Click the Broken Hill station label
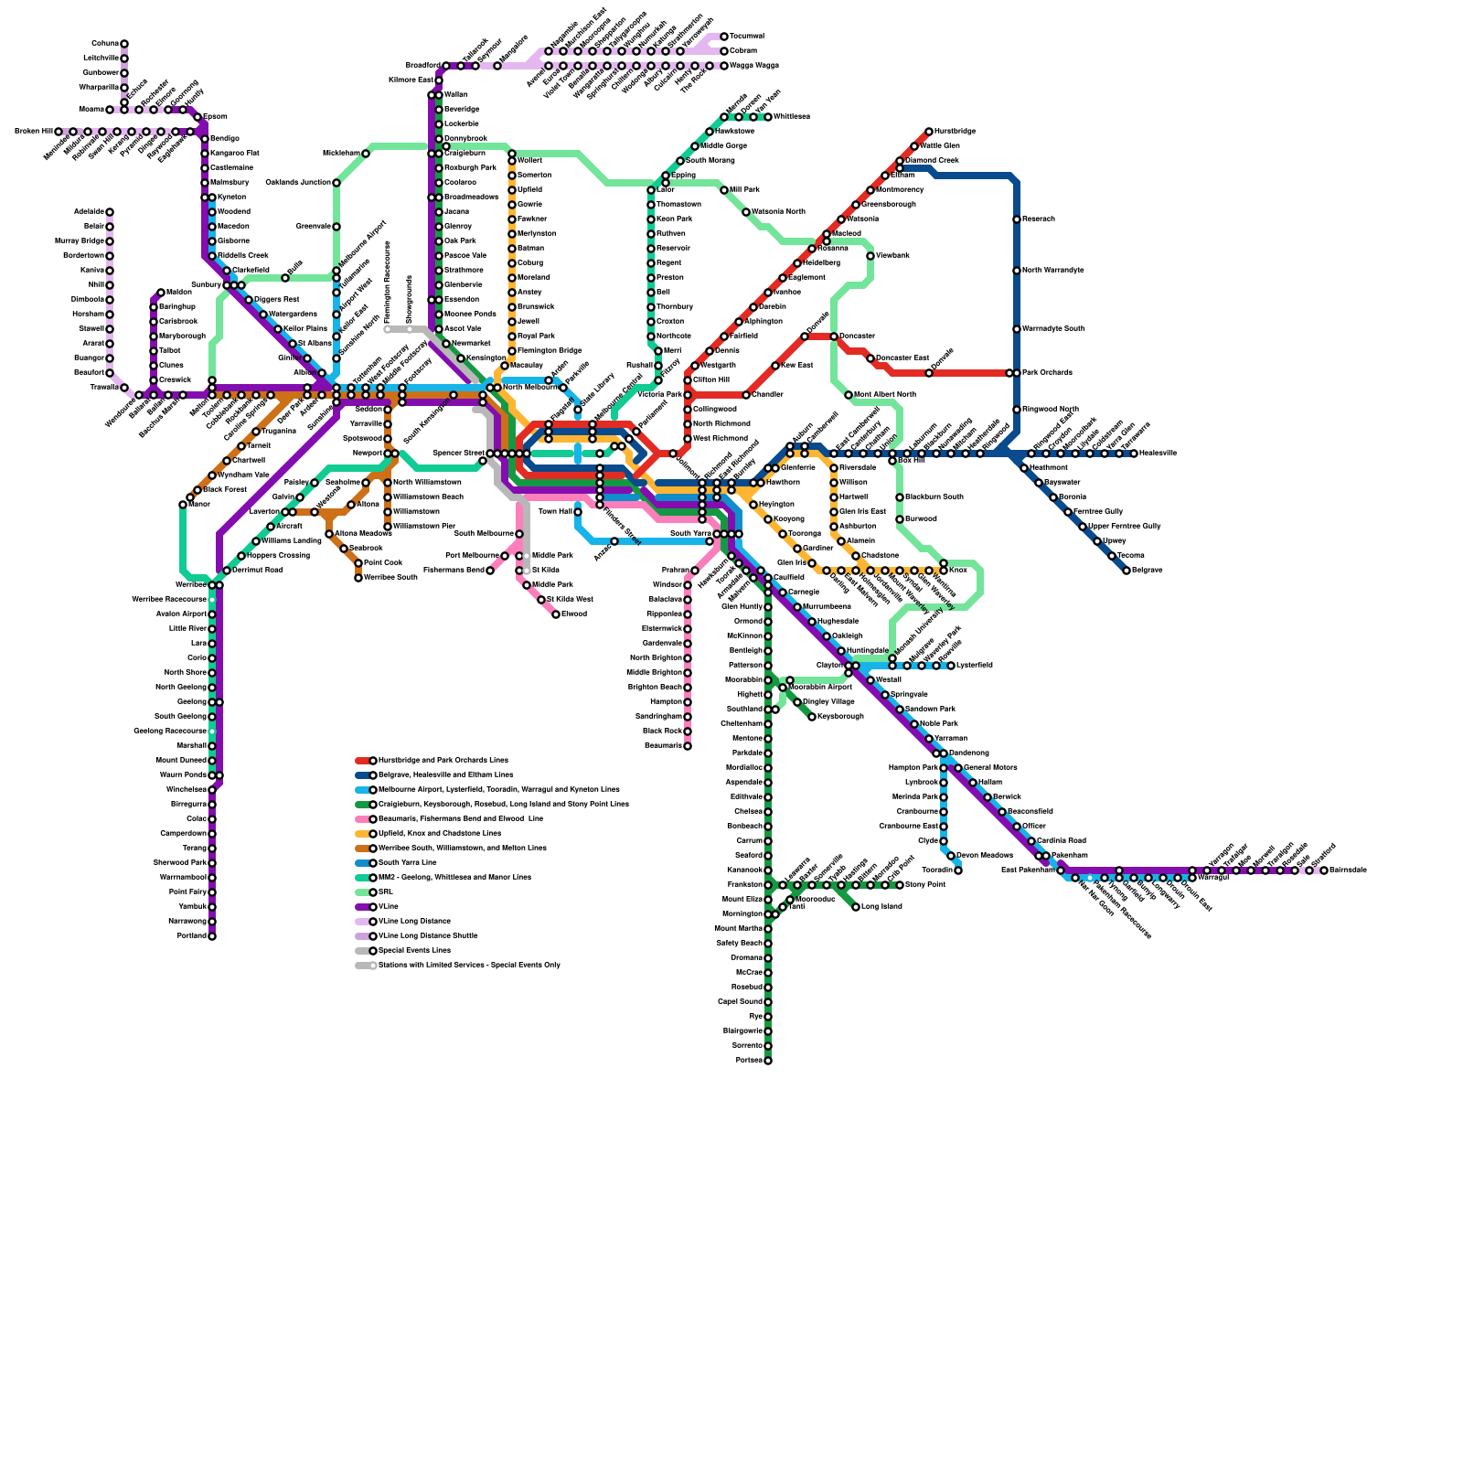[x=32, y=132]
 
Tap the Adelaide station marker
[x=110, y=212]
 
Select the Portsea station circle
[x=768, y=1061]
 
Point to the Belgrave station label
[x=1148, y=571]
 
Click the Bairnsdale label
[x=1349, y=870]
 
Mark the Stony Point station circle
[x=900, y=885]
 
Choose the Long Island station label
[x=882, y=907]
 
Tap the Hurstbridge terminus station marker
[x=929, y=132]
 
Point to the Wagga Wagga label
[x=755, y=66]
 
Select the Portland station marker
[x=212, y=936]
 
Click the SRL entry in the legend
[x=385, y=892]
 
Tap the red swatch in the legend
[x=363, y=761]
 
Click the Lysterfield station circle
[x=951, y=666]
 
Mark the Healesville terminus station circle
[x=1134, y=454]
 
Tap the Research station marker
[x=1017, y=219]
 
